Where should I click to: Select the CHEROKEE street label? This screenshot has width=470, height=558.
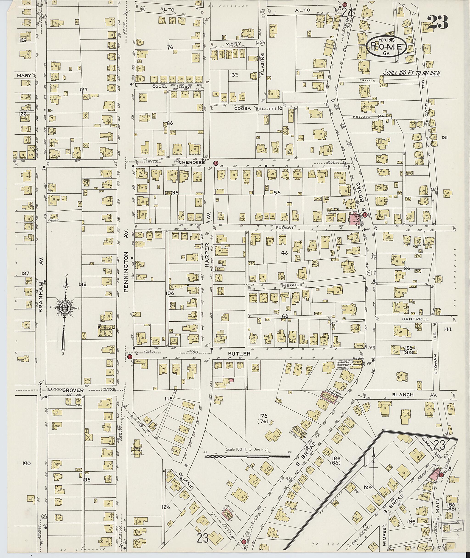click(188, 162)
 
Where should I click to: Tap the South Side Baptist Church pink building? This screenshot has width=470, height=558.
click(328, 398)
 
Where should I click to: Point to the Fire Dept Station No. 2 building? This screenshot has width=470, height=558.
click(356, 364)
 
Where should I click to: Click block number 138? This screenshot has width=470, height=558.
click(83, 285)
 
